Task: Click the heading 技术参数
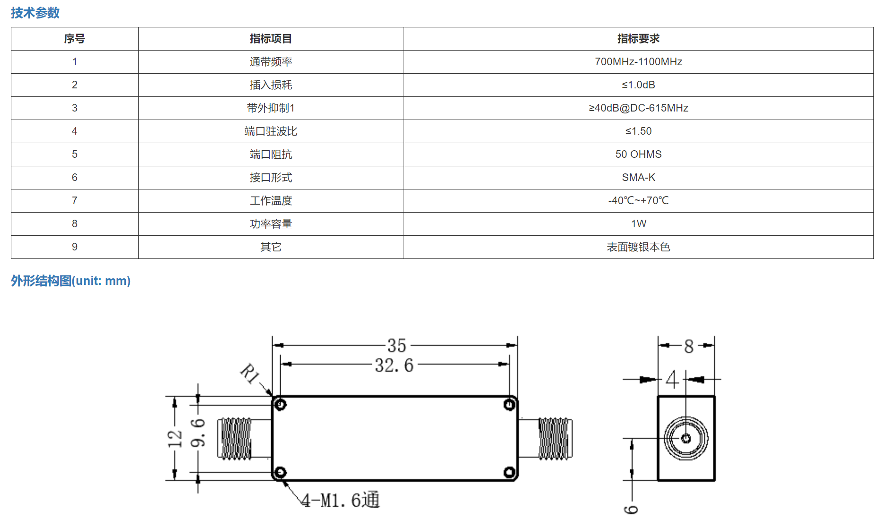coord(35,13)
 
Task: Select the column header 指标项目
coord(271,39)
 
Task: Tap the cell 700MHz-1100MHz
coord(638,62)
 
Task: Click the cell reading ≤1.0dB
coord(638,85)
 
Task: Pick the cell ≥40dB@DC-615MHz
coord(638,108)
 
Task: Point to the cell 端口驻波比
coord(271,131)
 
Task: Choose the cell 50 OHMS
coord(638,155)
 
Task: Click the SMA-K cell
coord(638,178)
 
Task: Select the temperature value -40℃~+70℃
coord(638,201)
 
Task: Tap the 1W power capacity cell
coord(638,224)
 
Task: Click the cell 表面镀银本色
coord(638,247)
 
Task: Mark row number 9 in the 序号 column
coord(75,247)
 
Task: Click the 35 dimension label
coord(396,346)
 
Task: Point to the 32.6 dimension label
coord(394,365)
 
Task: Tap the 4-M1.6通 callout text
coord(341,500)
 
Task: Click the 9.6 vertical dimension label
coord(198,433)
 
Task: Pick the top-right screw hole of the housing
coord(509,405)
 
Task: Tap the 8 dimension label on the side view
coord(689,347)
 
